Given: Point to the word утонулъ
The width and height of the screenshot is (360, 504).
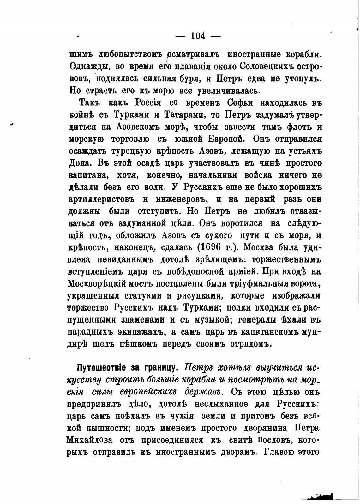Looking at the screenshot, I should coord(302,79).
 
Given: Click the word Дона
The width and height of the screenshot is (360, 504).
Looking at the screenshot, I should coord(78,163).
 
